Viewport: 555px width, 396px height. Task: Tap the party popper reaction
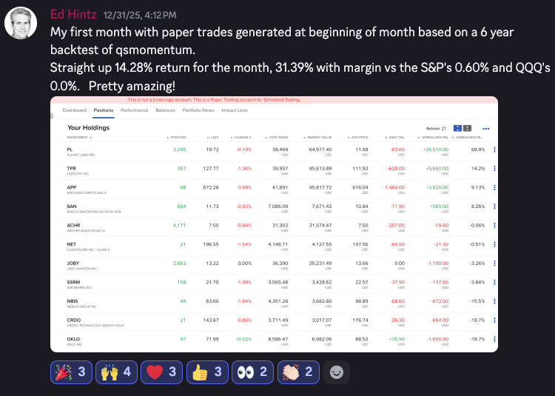tap(71, 372)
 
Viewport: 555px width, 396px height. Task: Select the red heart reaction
tap(162, 372)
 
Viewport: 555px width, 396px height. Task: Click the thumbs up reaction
tap(207, 372)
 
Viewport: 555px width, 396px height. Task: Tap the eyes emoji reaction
tap(252, 372)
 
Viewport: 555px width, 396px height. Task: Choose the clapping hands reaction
tap(297, 372)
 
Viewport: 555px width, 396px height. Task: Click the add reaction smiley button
tap(337, 372)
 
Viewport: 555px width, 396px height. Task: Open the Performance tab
tap(134, 110)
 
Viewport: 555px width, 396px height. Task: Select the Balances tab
tap(165, 110)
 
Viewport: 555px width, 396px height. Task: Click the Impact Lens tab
tap(234, 110)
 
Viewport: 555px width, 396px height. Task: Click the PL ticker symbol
tap(70, 148)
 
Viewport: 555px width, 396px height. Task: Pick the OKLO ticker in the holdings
tap(73, 338)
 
